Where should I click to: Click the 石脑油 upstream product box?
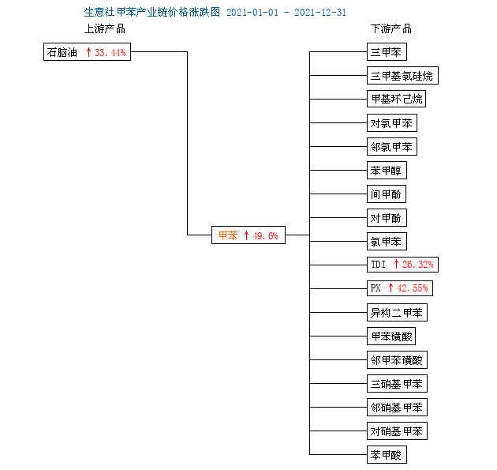click(87, 51)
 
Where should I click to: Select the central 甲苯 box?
click(248, 235)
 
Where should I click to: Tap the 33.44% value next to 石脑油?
click(110, 52)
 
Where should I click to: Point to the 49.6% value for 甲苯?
click(265, 236)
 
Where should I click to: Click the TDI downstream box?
click(402, 265)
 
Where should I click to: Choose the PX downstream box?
click(400, 288)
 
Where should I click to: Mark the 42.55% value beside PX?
click(413, 288)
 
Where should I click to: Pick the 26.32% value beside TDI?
click(418, 265)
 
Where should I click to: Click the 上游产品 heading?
click(105, 29)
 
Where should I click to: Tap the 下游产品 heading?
click(391, 29)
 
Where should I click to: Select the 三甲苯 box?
click(387, 51)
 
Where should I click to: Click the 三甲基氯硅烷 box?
click(402, 76)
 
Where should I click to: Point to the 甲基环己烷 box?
click(396, 99)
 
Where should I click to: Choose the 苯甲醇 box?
click(387, 171)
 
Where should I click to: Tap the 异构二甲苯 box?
click(397, 313)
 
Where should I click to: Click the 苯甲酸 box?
click(387, 455)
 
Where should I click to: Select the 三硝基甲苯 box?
click(397, 384)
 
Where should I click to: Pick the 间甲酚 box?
click(387, 194)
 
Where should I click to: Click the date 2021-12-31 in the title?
click(320, 13)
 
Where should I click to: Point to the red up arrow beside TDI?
click(396, 264)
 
